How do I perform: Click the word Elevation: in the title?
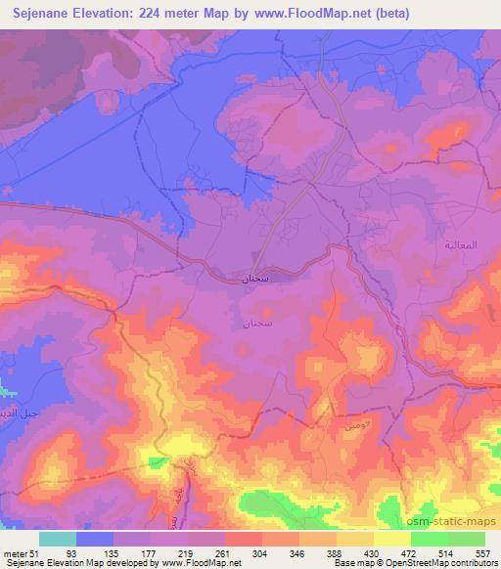pos(120,14)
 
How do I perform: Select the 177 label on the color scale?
pos(174,553)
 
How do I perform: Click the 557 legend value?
pos(481,553)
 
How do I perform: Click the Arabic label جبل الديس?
pos(20,413)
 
